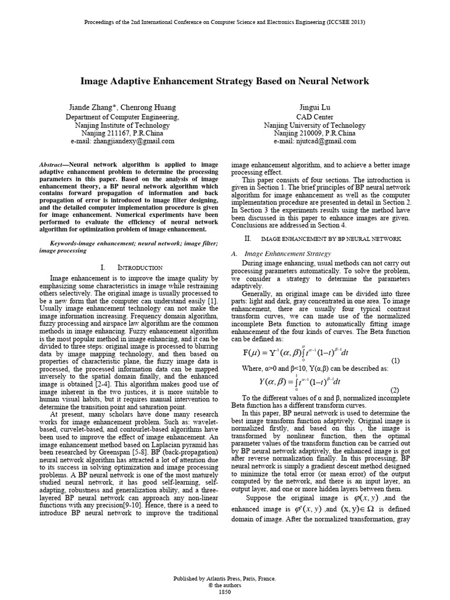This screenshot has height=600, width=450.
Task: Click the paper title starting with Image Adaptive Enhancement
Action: tap(224, 81)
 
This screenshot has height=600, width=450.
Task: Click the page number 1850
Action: tap(225, 592)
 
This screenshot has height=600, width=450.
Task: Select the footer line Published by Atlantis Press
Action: tap(225, 578)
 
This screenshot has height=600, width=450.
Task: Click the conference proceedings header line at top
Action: tap(224, 22)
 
